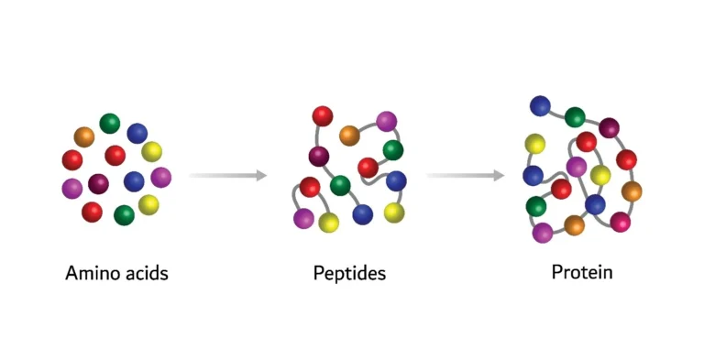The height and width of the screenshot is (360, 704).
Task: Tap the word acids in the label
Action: tap(145, 272)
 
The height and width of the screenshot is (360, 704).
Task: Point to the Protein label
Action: tap(582, 272)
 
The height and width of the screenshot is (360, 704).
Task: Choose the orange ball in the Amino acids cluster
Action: tap(84, 136)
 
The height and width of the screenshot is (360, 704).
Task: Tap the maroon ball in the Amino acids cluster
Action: tap(98, 183)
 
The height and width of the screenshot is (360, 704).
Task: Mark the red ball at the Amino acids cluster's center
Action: tap(115, 155)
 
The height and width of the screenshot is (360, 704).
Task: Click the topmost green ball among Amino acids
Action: tap(110, 123)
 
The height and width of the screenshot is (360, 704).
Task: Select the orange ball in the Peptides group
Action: tap(349, 136)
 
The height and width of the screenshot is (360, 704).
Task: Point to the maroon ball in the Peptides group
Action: tap(319, 157)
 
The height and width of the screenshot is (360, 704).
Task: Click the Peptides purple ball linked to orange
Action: tap(386, 121)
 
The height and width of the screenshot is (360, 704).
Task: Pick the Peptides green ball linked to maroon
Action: tap(340, 186)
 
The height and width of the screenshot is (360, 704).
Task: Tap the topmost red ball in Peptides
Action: tap(323, 115)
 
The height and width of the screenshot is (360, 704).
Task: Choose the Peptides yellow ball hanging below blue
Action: tap(394, 213)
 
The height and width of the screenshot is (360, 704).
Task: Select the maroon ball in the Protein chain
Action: tap(609, 127)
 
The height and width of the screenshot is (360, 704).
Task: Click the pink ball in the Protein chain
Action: tap(621, 222)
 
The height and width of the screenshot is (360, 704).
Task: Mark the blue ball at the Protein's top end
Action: tap(541, 105)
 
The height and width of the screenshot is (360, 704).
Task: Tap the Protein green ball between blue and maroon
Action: tap(575, 116)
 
